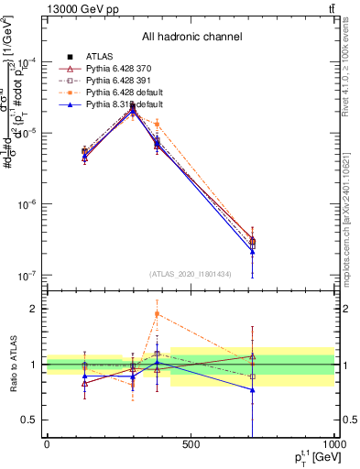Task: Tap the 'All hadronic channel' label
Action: [192, 37]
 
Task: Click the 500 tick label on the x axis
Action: [191, 444]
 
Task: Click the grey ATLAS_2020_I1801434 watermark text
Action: [191, 274]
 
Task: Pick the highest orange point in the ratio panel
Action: [157, 314]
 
